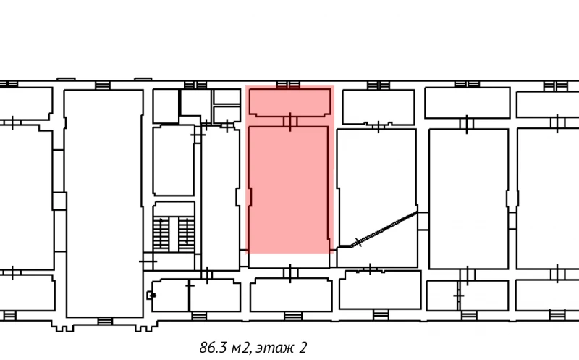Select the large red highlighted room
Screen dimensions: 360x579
tap(289, 188)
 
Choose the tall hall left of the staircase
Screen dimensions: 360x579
tap(103, 203)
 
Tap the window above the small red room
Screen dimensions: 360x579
tap(289, 85)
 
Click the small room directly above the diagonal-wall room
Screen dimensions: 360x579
tap(377, 106)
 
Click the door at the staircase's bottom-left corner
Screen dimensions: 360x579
tap(148, 259)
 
